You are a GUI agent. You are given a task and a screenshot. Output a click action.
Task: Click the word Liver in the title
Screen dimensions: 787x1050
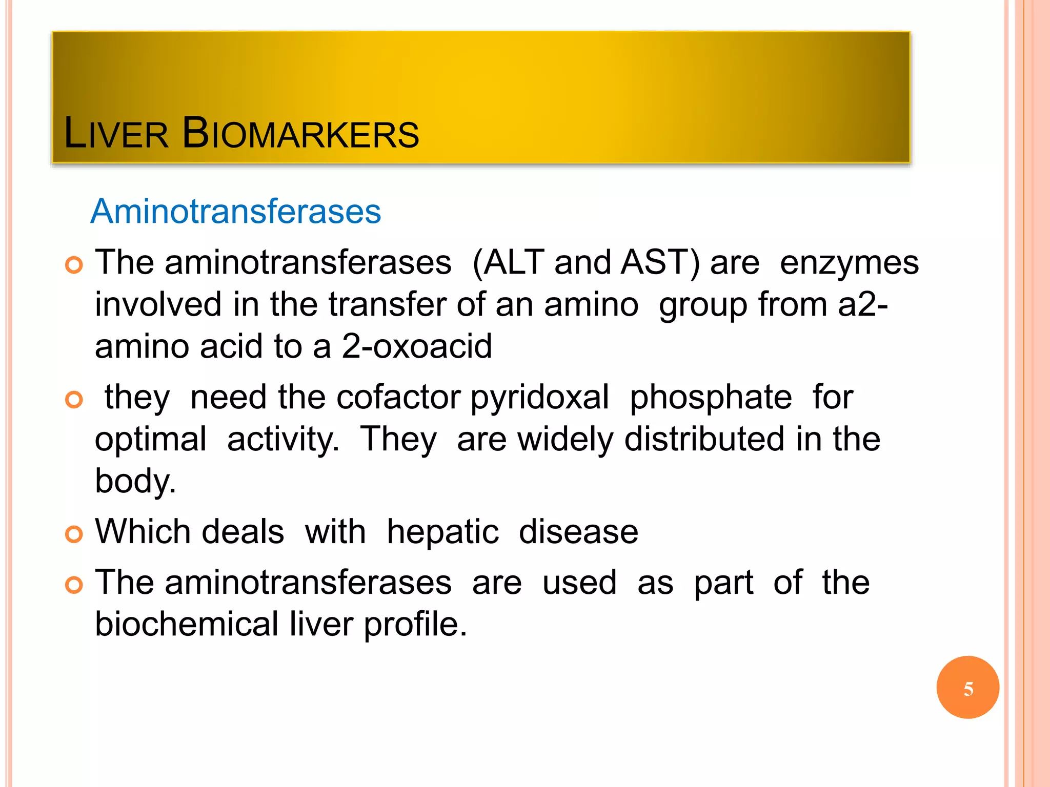coord(116,134)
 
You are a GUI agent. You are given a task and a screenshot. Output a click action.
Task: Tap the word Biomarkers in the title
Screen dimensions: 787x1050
coord(300,134)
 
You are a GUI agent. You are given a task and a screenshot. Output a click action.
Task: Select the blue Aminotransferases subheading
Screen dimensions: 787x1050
coord(236,211)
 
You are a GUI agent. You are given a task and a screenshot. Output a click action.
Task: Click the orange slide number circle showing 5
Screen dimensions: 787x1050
coord(967,688)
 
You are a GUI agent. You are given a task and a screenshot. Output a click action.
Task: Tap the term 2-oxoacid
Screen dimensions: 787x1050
coord(416,346)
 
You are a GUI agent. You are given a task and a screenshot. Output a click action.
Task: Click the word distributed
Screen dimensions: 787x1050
coord(704,440)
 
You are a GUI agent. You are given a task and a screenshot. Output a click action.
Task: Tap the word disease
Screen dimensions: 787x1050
coord(578,532)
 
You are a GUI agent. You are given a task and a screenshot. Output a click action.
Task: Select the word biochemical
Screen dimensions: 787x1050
coord(187,624)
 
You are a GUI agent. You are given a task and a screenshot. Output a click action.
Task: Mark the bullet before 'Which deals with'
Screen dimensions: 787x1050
coord(74,534)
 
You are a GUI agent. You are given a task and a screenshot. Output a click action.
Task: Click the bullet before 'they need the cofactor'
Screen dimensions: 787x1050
coord(74,400)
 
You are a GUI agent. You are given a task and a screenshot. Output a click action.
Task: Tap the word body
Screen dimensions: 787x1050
coord(134,482)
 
